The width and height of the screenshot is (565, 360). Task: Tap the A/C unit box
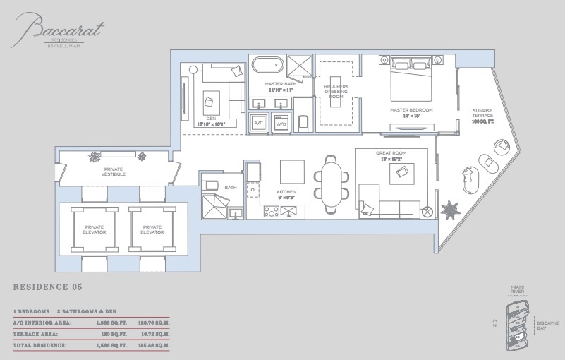(x=259, y=122)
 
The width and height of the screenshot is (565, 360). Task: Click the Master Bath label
(x=279, y=84)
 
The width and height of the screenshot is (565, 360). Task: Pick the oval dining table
(x=329, y=184)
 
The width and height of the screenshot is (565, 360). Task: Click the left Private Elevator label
(x=89, y=230)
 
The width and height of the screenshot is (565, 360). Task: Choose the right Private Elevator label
(x=152, y=230)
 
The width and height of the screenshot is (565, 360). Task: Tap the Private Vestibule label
(x=114, y=172)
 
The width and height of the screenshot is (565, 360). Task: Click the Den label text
(x=212, y=121)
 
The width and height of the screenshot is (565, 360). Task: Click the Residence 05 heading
(x=48, y=287)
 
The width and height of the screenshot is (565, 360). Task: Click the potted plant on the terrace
(x=449, y=209)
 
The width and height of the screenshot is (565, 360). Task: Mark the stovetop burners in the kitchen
(x=272, y=210)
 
